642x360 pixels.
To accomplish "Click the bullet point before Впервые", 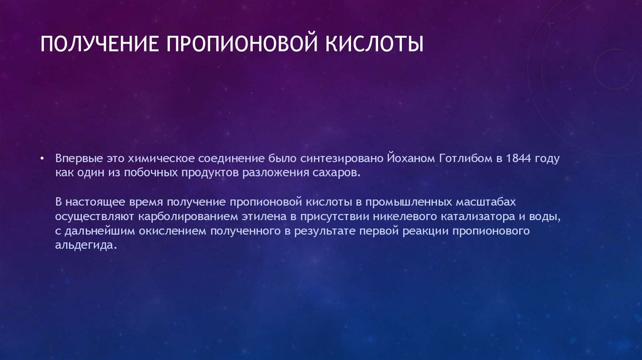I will pos(41,159).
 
